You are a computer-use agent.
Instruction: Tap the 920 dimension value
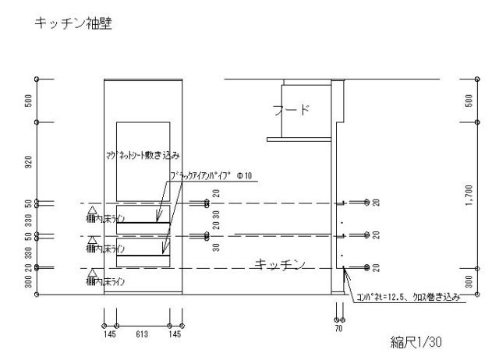point(30,162)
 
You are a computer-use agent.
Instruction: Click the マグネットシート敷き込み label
point(143,156)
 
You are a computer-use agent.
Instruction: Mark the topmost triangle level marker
point(93,209)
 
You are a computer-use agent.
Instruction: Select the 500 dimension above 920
point(30,101)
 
